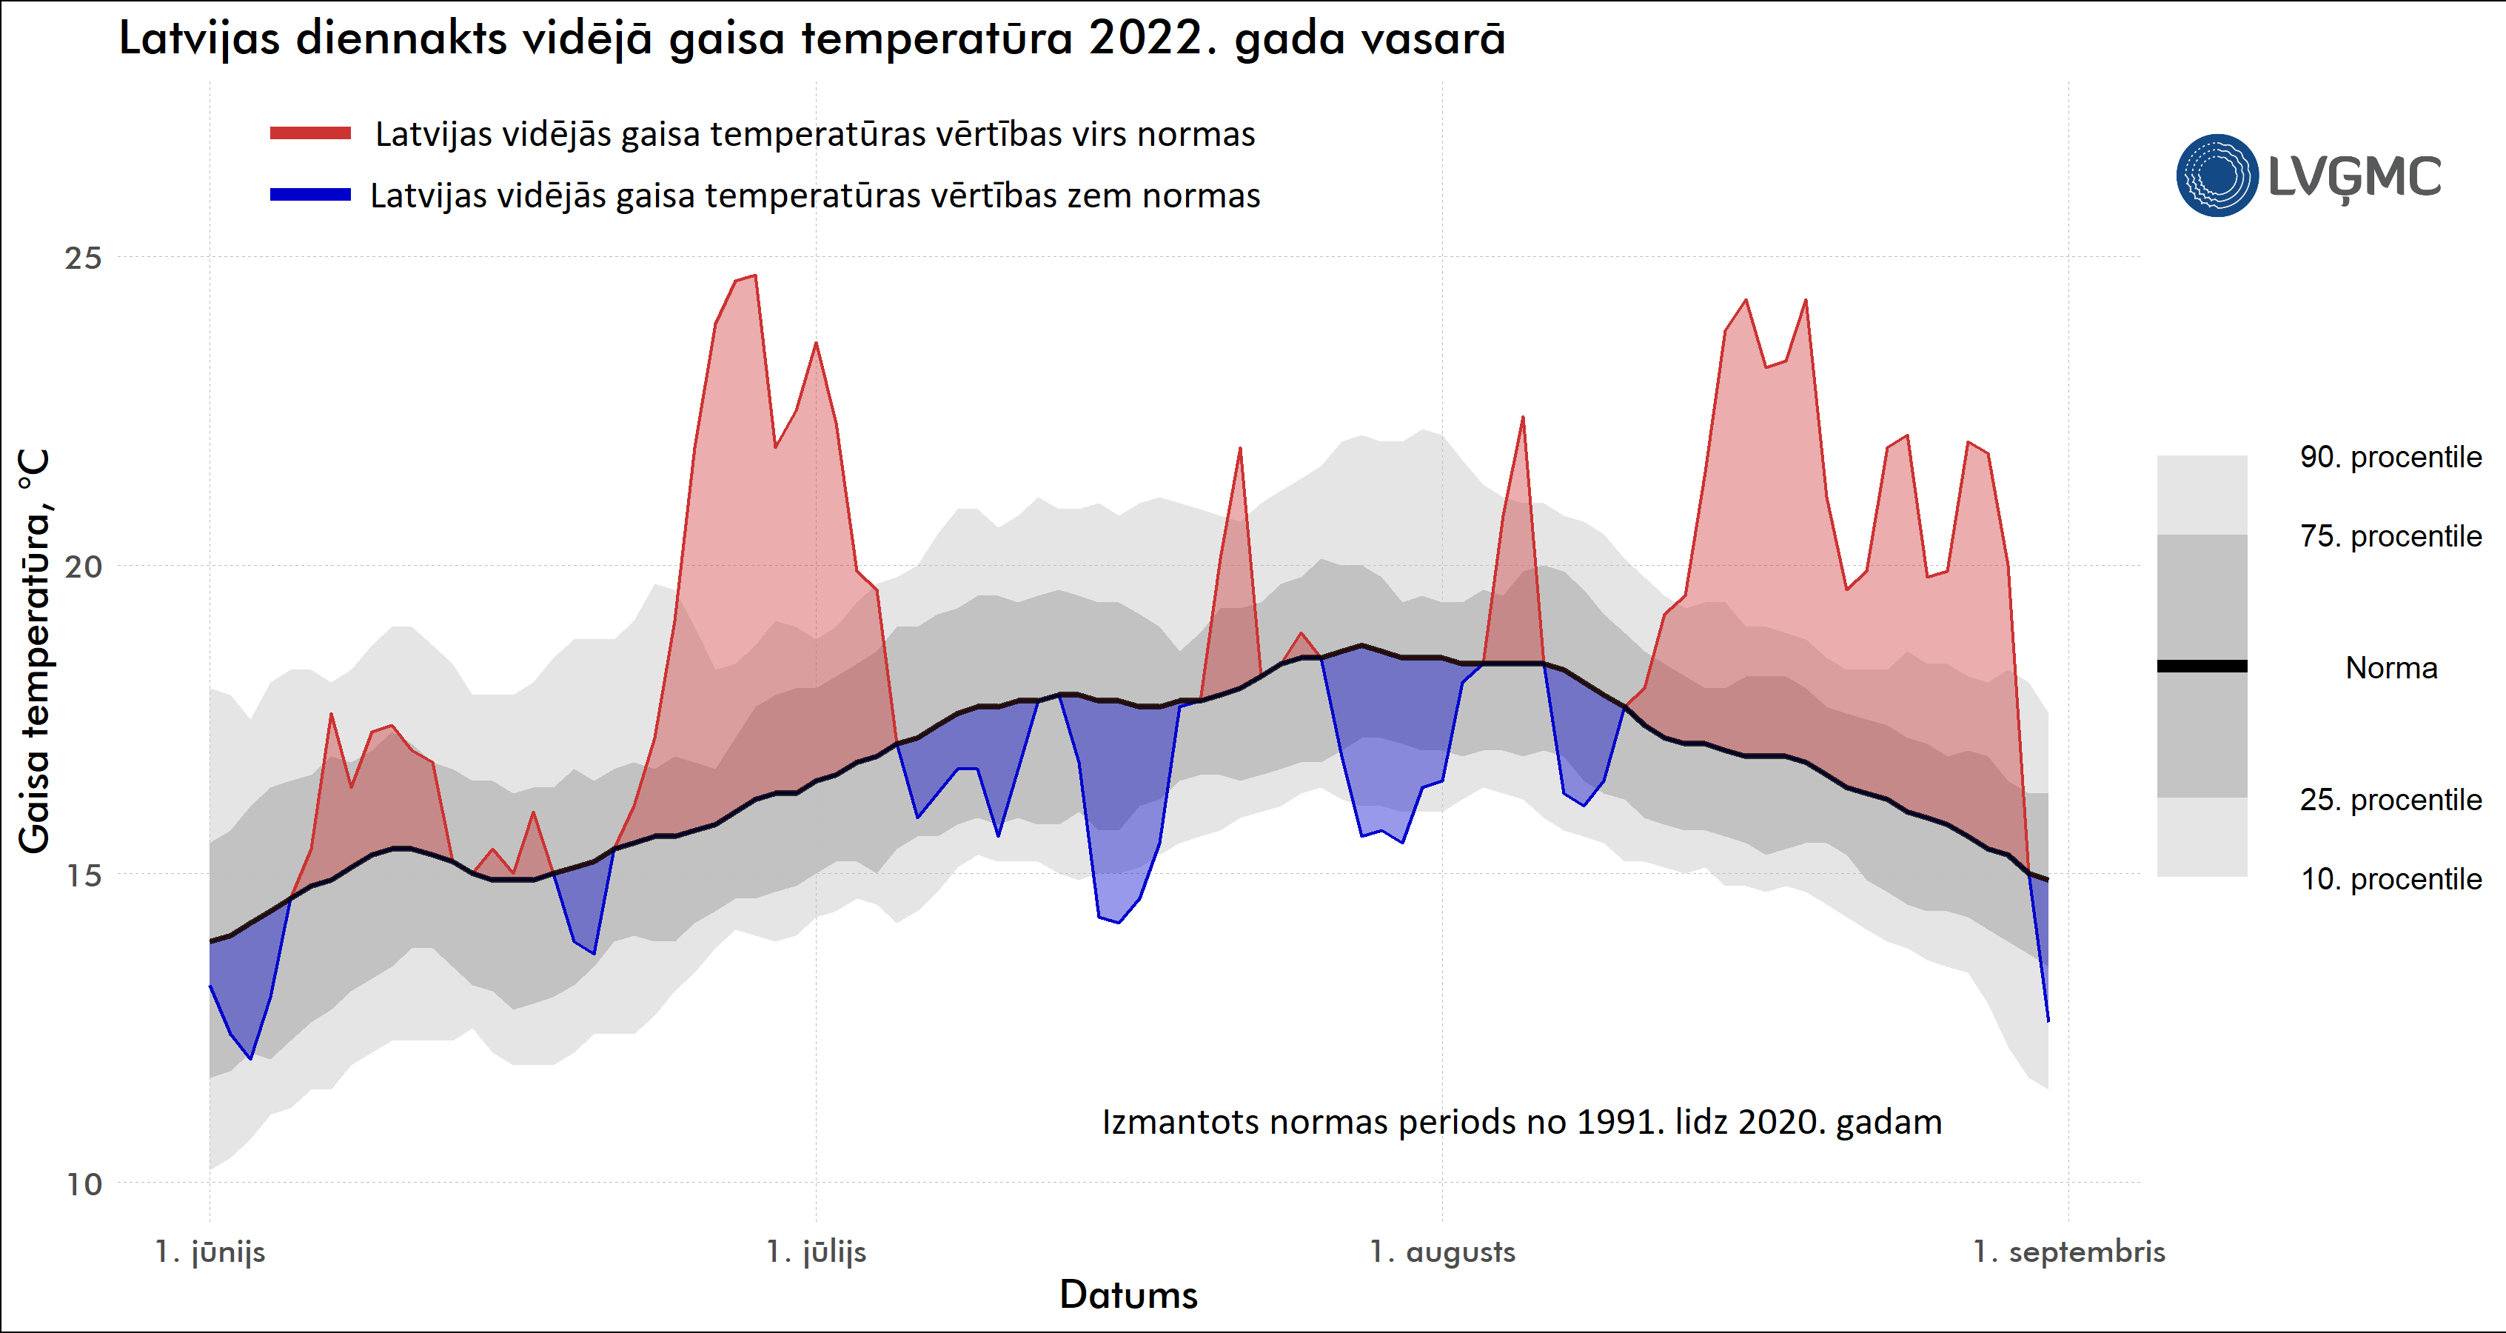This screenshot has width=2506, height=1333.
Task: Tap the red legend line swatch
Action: click(310, 133)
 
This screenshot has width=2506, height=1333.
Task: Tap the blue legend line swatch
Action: click(310, 195)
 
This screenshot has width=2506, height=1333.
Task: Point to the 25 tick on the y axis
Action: click(83, 258)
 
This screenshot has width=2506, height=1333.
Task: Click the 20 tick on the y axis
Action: click(83, 567)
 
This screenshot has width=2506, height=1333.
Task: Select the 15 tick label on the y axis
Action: click(83, 875)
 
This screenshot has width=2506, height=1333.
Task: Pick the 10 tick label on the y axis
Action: click(84, 1184)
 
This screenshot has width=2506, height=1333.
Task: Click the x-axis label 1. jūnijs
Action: click(210, 1252)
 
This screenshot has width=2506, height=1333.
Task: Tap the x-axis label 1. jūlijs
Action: click(815, 1252)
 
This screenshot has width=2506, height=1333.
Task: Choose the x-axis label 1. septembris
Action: click(2068, 1252)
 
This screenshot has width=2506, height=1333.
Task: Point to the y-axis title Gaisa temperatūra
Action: click(34, 652)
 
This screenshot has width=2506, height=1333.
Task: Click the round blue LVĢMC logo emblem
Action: click(2216, 175)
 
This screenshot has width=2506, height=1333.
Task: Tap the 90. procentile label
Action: click(2391, 458)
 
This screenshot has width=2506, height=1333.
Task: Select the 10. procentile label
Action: click(2391, 878)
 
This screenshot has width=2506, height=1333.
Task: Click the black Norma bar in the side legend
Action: click(2202, 666)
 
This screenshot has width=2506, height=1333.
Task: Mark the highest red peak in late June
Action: click(755, 276)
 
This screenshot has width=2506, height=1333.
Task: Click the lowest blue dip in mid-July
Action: click(1119, 921)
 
